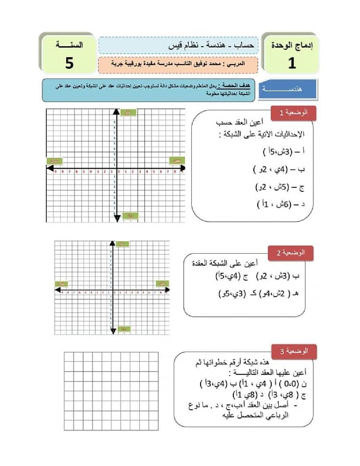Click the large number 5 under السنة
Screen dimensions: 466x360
pos(69,63)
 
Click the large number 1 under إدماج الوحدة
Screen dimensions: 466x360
pos(292,63)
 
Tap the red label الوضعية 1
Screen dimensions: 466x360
pos(293,113)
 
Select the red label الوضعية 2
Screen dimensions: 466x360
pos(290,253)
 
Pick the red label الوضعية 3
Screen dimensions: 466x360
pos(293,351)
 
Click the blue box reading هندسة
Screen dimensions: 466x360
pos(288,89)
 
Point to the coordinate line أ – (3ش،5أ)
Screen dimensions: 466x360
pos(284,152)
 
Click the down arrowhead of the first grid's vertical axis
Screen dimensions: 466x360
pos(117,218)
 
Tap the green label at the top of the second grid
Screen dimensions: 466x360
pos(123,244)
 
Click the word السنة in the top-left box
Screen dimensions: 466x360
pos(69,45)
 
